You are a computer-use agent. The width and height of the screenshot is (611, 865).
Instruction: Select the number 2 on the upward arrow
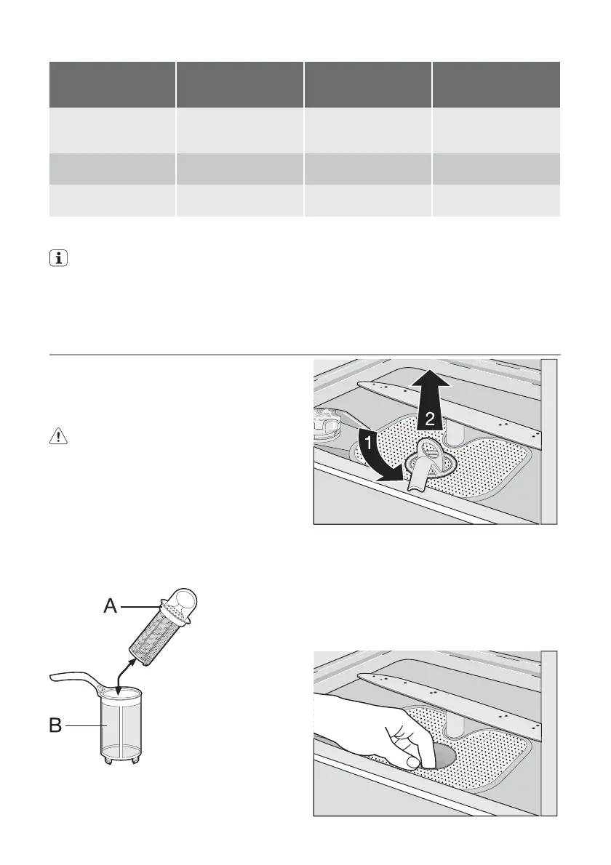(431, 418)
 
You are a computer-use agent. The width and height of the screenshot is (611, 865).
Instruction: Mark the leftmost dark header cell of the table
(112, 84)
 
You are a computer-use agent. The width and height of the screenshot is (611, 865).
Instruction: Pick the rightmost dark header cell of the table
(496, 84)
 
